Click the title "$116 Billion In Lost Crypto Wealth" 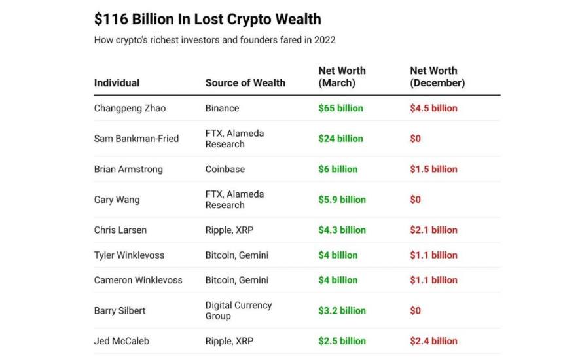[208, 19]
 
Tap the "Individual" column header [117, 83]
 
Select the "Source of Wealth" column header [245, 83]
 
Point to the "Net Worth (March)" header [342, 77]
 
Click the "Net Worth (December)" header [437, 77]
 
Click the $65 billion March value [340, 108]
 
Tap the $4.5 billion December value [433, 108]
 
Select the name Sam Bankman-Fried [136, 139]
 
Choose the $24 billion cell [340, 139]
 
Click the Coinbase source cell [225, 169]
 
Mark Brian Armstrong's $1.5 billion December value [433, 169]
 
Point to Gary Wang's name [117, 200]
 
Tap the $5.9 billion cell [342, 200]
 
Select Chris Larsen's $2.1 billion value [433, 230]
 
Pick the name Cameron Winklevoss [138, 280]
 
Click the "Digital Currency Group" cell [238, 311]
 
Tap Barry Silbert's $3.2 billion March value [342, 311]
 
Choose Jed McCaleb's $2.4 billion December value [433, 341]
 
